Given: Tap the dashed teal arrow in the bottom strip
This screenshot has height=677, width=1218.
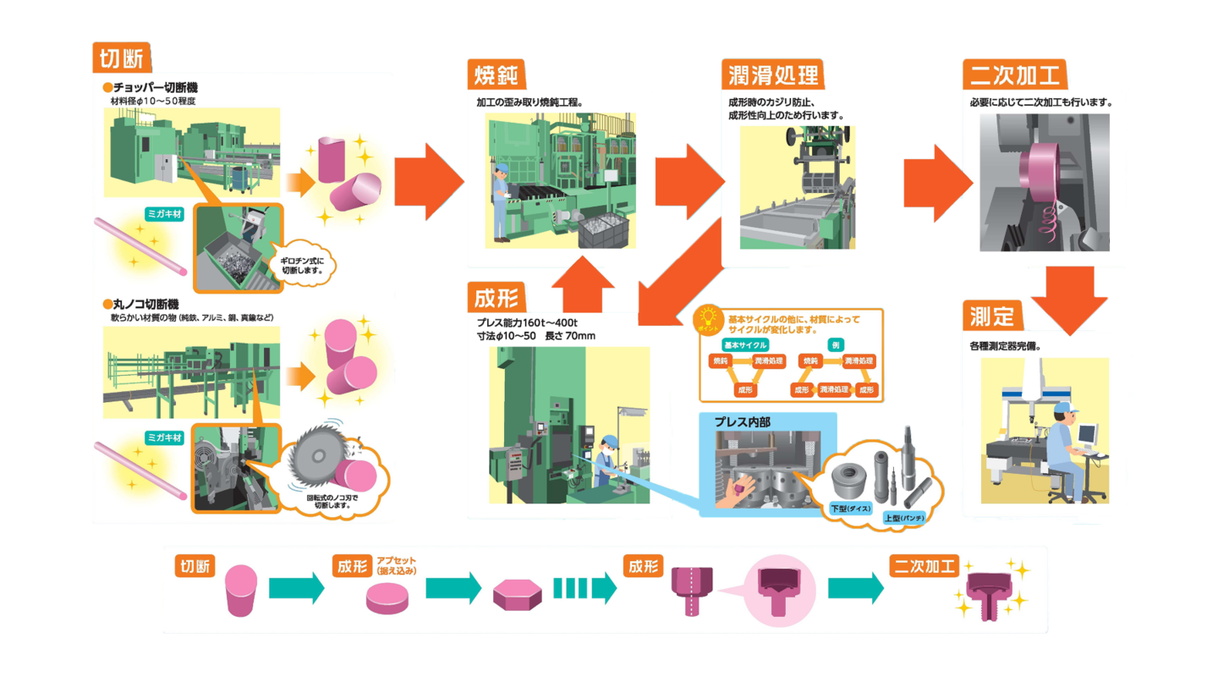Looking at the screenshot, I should click(x=584, y=587).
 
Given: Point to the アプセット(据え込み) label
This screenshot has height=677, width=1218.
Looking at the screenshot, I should click(x=396, y=565).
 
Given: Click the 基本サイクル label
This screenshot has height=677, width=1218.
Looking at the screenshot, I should click(x=745, y=344).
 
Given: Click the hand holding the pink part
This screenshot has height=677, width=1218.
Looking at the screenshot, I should click(x=730, y=493).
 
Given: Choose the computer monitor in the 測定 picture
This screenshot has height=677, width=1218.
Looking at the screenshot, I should click(x=1090, y=434).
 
